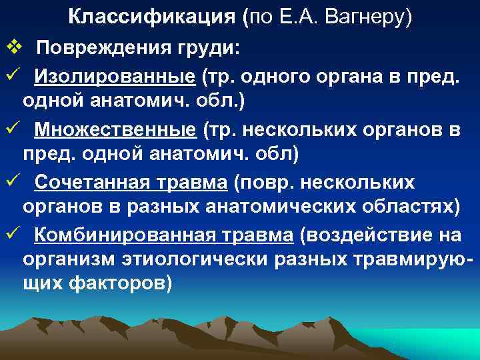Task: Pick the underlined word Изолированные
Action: point(115,79)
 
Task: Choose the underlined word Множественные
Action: point(116,130)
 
